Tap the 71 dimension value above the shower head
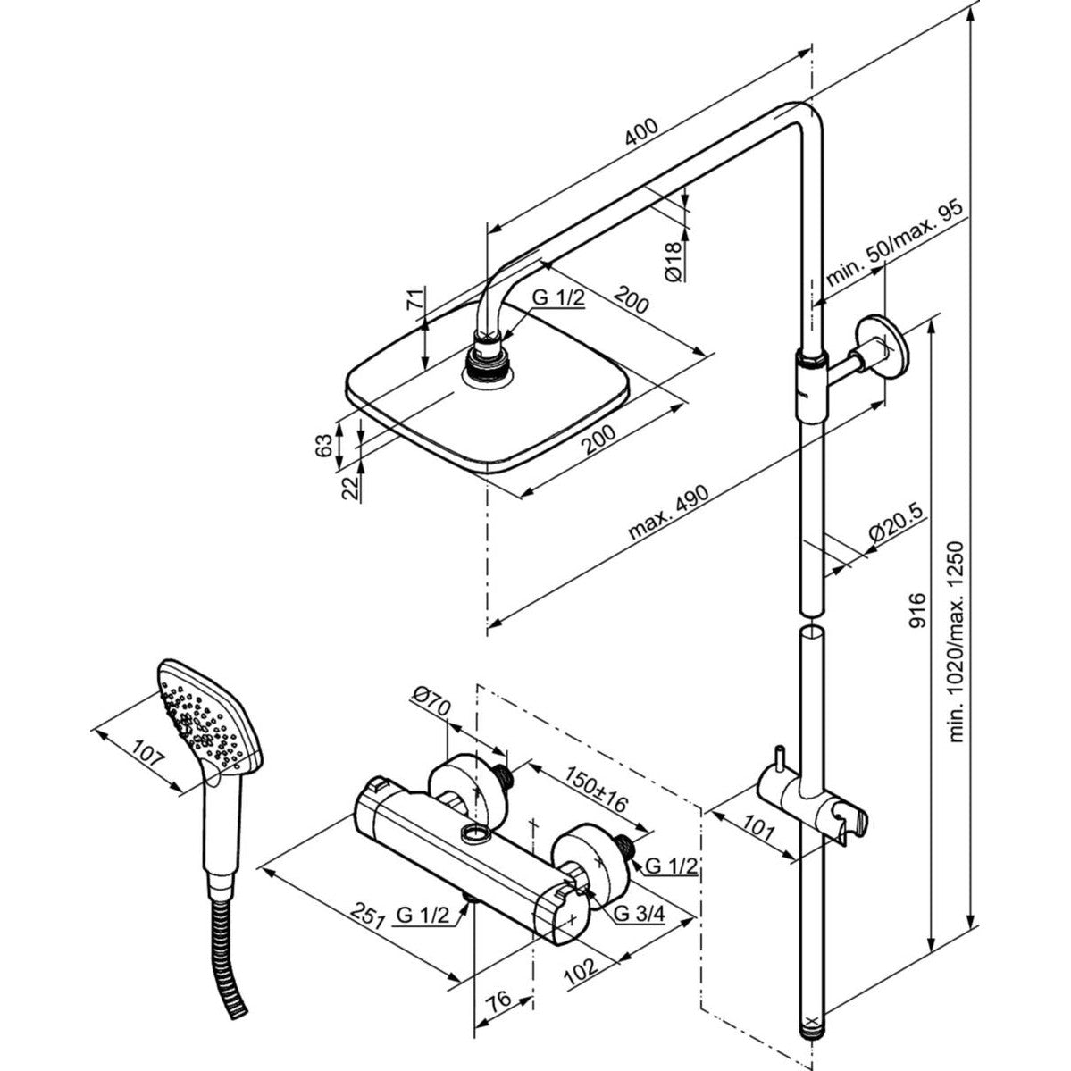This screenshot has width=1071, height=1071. click(x=414, y=300)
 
